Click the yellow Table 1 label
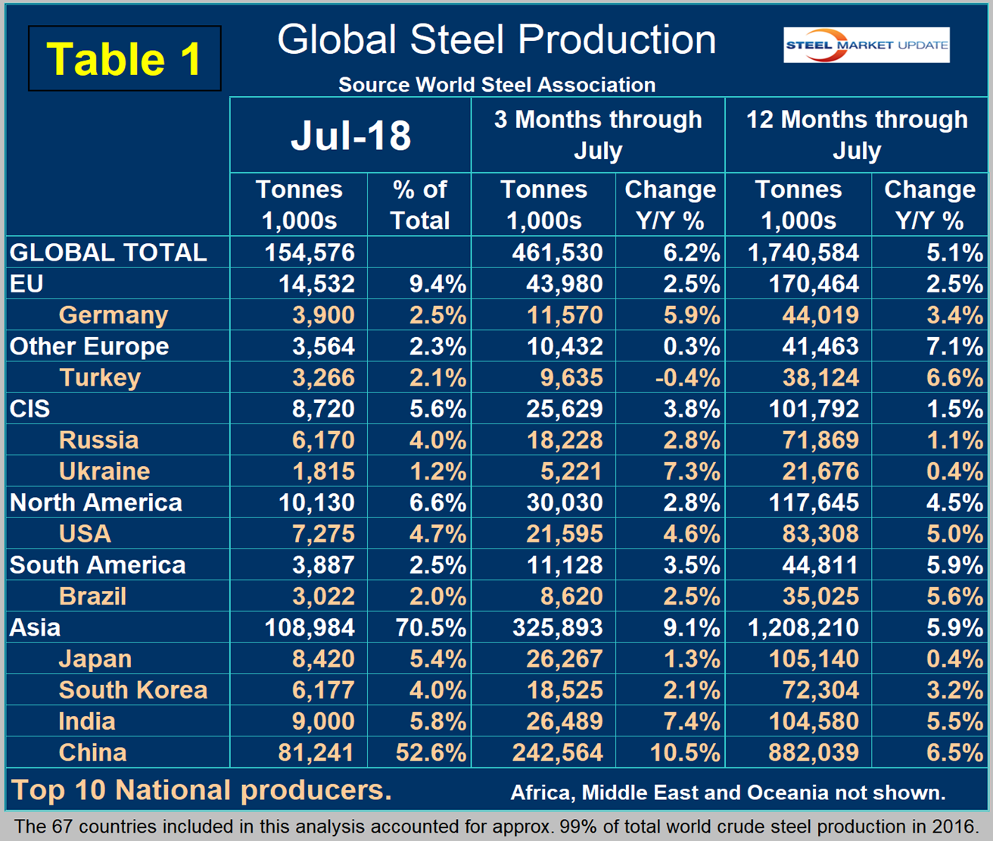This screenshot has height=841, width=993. click(x=124, y=59)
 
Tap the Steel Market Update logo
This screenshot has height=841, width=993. click(x=866, y=45)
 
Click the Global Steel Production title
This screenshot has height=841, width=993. click(x=496, y=40)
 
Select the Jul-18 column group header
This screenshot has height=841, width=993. click(x=350, y=136)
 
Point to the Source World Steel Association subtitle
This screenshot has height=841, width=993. click(x=496, y=85)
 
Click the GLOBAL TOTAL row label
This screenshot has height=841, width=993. click(x=108, y=252)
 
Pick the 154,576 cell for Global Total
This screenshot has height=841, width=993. click(x=310, y=252)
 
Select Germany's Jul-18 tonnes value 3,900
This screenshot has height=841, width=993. click(x=323, y=315)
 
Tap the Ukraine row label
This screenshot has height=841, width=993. click(x=104, y=471)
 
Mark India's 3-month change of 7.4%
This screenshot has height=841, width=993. click(x=691, y=721)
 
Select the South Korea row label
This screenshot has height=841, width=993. click(x=133, y=690)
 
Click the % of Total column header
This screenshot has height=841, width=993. click(x=419, y=205)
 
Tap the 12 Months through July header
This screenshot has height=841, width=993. click(x=857, y=135)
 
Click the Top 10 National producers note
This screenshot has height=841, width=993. click(x=201, y=790)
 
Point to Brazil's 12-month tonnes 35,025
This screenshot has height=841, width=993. click(x=820, y=596)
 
